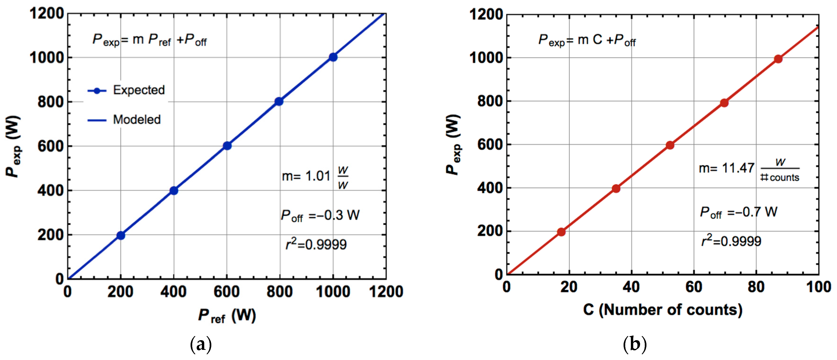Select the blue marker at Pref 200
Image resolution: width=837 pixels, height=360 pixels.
pos(121,235)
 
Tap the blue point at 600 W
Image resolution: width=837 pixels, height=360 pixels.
pos(227,146)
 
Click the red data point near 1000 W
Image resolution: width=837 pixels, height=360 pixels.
pos(778,59)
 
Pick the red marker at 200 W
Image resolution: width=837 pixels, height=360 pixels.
pos(561,232)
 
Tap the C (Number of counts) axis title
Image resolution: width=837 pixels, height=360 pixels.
pos(663,310)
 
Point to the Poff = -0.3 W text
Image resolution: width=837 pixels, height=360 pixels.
pos(320,215)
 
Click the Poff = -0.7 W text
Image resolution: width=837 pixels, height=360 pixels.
pos(738,212)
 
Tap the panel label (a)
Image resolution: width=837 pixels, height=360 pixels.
pos(200,344)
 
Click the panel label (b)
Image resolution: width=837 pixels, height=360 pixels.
pos(635,344)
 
